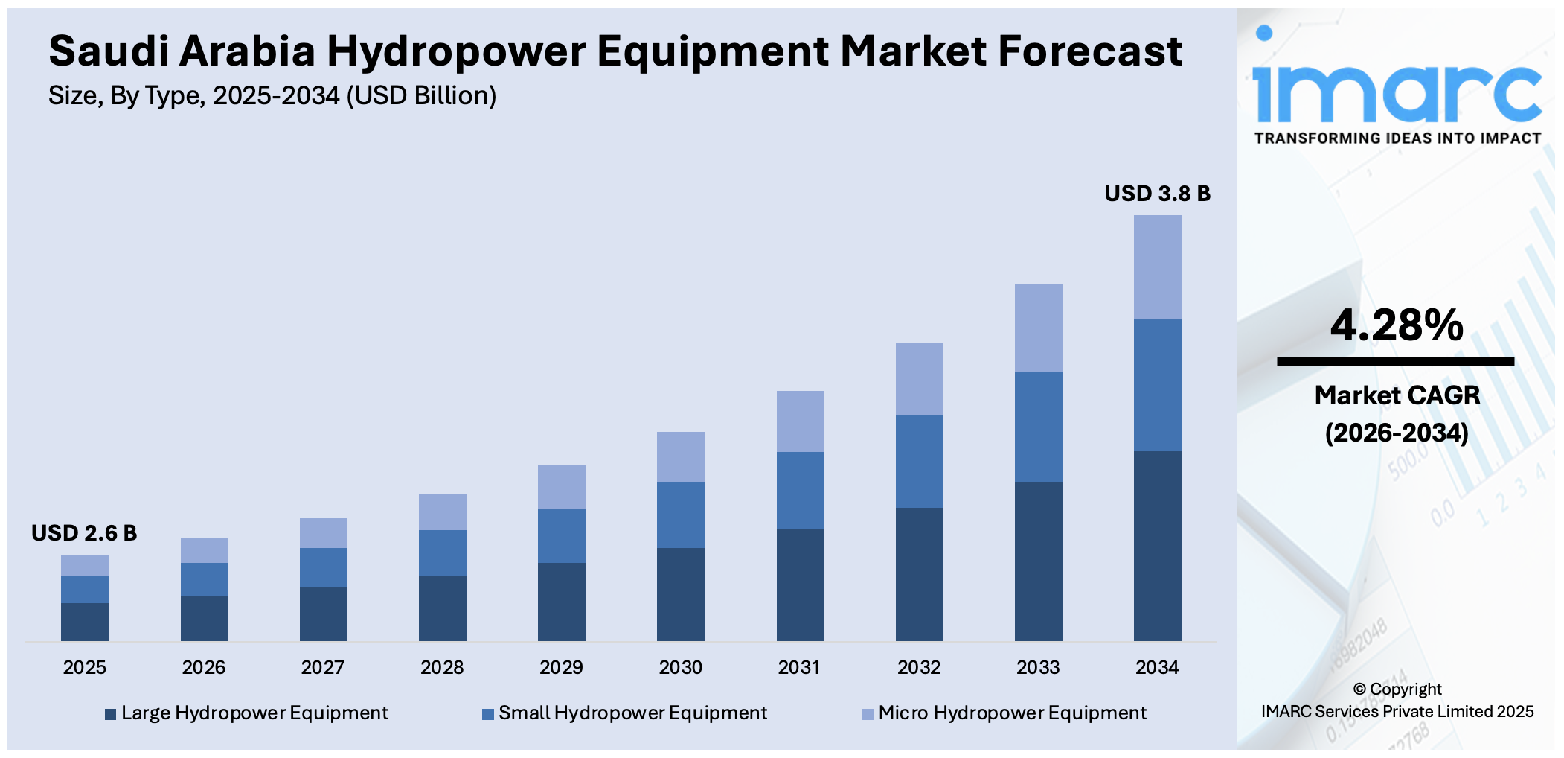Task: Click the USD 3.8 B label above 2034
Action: click(1157, 194)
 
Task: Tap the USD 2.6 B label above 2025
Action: click(84, 533)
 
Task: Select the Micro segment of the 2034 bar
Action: click(1157, 267)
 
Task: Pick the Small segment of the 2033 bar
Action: click(1038, 427)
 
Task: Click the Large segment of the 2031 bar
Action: click(800, 585)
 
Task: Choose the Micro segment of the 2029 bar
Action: click(561, 487)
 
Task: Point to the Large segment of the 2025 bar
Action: click(85, 622)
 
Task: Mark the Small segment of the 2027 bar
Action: click(323, 567)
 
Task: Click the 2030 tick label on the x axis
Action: click(680, 667)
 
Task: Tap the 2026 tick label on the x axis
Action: click(204, 667)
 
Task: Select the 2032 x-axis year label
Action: click(919, 667)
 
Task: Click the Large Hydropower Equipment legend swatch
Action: click(111, 714)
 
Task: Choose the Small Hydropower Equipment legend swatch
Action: click(488, 714)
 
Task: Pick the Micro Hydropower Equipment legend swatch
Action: click(867, 714)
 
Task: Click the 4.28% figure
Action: click(1397, 325)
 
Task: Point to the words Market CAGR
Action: click(1397, 395)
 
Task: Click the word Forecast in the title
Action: click(1089, 51)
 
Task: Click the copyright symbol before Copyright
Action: click(1359, 689)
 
